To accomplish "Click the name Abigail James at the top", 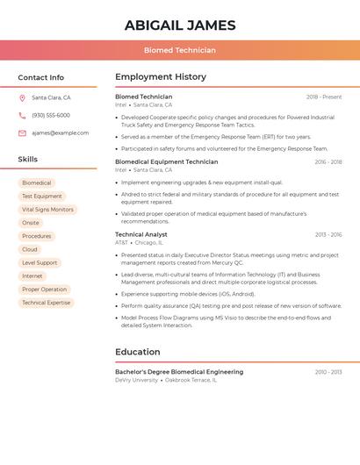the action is (x=180, y=25).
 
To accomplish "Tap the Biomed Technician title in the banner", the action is (x=180, y=50).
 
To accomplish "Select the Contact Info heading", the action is (x=40, y=77).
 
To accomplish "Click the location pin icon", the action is (x=22, y=97).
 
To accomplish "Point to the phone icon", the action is (x=22, y=115).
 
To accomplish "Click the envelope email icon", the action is (x=22, y=133).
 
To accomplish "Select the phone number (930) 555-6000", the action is (x=51, y=115).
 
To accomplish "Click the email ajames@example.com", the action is (x=60, y=133).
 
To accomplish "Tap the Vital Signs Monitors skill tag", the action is (x=47, y=210).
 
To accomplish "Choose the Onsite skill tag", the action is (x=31, y=223).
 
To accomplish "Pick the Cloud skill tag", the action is (x=30, y=249).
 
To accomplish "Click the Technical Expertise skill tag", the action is (x=46, y=303).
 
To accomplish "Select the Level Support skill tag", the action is (x=40, y=262).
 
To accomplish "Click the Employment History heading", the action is (x=161, y=77).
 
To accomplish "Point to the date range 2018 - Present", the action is (x=323, y=97).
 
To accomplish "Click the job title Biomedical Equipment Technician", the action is (x=166, y=161).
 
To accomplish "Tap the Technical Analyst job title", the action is (x=140, y=234).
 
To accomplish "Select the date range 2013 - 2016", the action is (x=328, y=235).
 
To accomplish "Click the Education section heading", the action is (x=137, y=352).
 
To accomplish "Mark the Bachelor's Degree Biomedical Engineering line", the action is (x=179, y=372).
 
